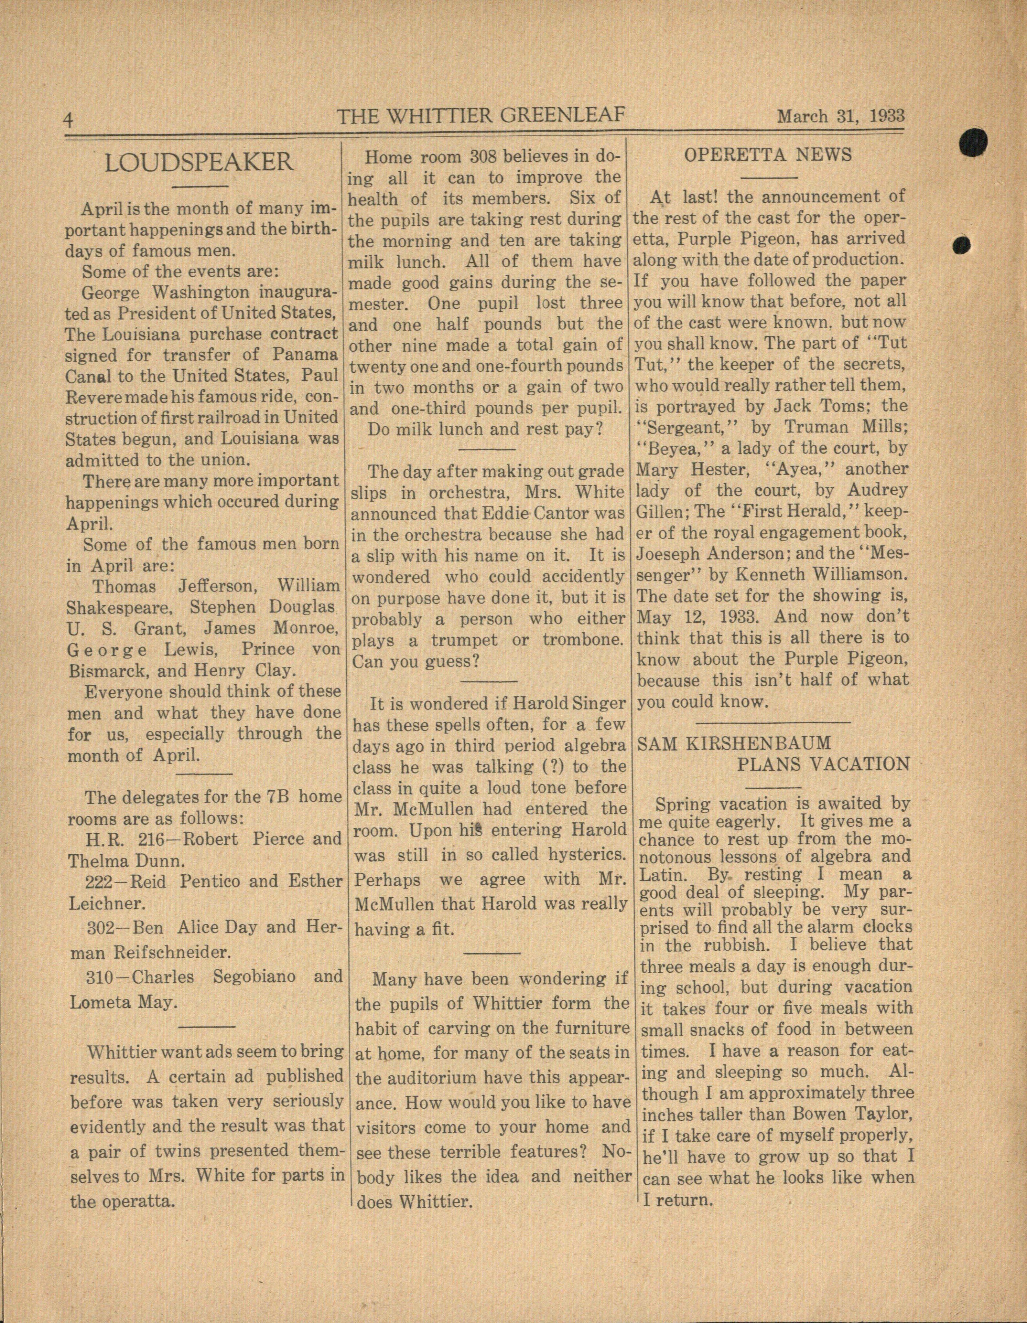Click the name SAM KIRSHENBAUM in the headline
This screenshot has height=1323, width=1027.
coord(734,743)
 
